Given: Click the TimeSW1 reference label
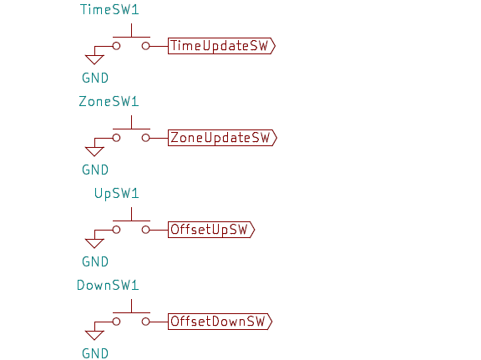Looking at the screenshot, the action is coord(109,9).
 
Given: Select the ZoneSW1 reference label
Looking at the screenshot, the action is coord(109,102).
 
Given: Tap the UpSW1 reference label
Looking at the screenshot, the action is coord(117,194).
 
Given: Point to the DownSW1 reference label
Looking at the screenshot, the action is coord(108,285).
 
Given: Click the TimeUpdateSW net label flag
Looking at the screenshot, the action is coord(221,46).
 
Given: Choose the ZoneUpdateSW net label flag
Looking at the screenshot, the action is coord(222,138).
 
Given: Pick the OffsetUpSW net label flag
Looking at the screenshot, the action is coord(211,230).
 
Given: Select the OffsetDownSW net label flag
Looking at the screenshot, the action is coord(220,322).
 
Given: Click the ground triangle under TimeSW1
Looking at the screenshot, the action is coord(94,59).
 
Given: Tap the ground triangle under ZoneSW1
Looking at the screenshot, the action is coord(94,151).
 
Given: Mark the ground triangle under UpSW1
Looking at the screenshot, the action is coord(94,243).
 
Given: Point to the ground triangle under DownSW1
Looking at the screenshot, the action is coord(94,335).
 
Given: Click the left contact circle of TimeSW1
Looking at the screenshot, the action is coord(116,46).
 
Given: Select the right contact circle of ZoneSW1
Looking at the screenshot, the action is coord(145,138).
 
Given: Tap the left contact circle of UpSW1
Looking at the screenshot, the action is coord(116,230).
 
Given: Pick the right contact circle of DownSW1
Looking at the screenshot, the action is coord(145,322).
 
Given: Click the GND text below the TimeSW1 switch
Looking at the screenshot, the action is coord(95,78).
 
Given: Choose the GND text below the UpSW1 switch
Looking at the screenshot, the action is coord(95,261).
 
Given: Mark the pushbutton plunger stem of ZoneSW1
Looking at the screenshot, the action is coord(132,122).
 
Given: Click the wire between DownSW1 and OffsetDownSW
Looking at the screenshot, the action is coord(159,322).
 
